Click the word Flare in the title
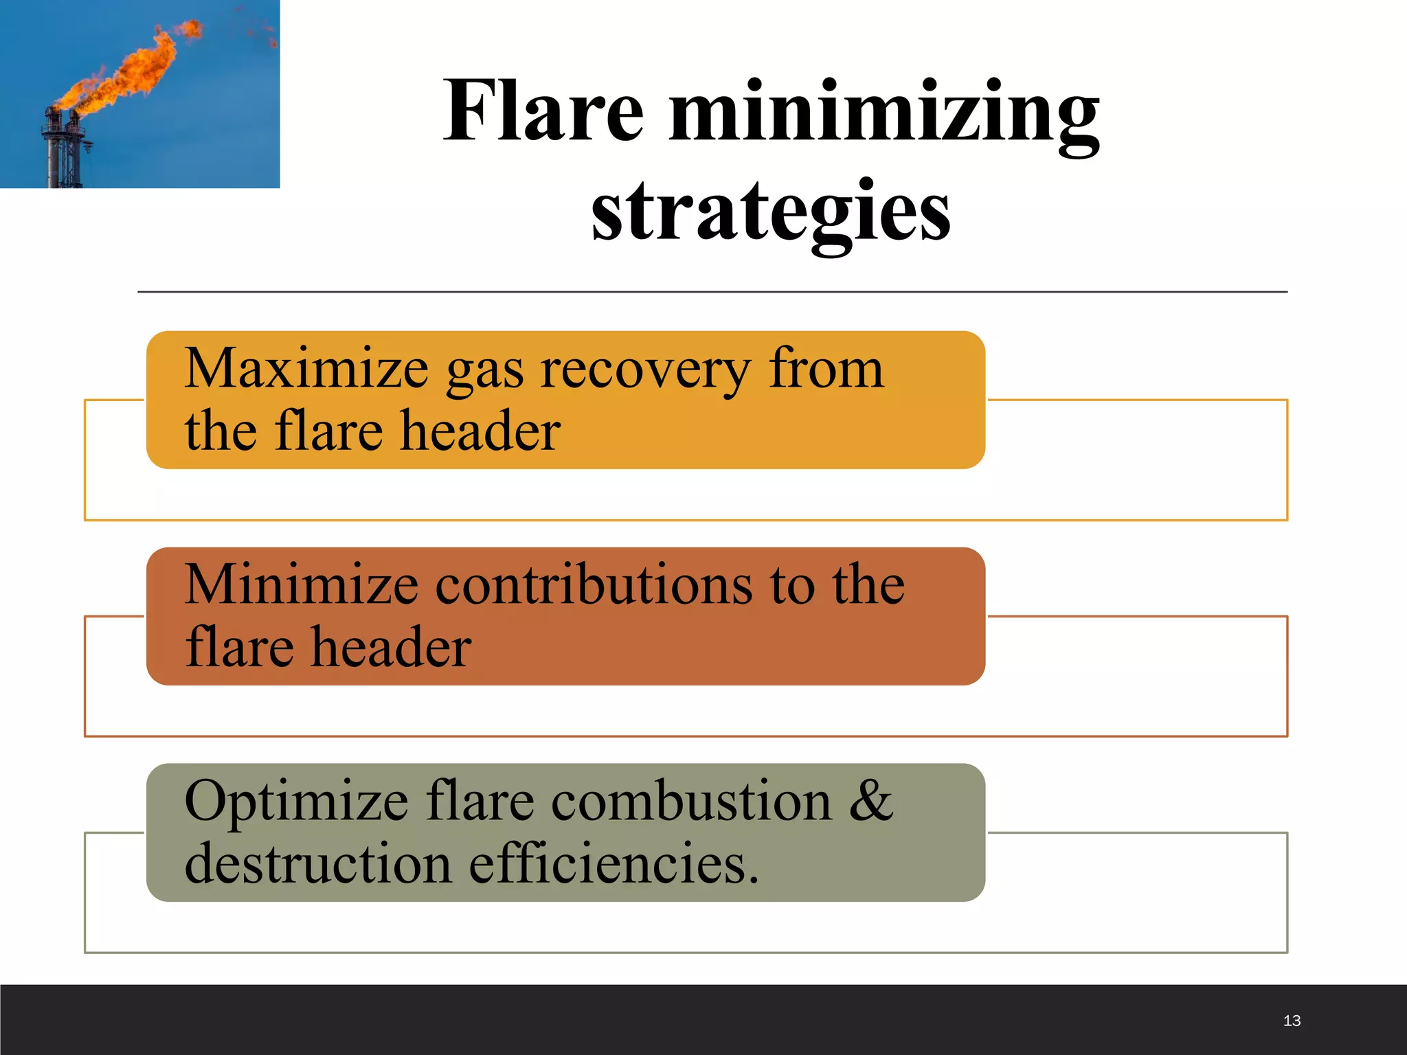[x=543, y=111]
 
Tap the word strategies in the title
[x=771, y=212]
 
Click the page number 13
[x=1292, y=1021]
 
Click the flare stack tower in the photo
[x=63, y=151]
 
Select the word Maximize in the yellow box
[x=306, y=369]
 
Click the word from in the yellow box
[x=826, y=369]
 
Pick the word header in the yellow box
[x=480, y=431]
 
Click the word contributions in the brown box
[x=594, y=585]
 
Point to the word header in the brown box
[x=391, y=648]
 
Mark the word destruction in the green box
[x=317, y=864]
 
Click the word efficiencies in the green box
[x=614, y=864]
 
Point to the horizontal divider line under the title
[x=712, y=292]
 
